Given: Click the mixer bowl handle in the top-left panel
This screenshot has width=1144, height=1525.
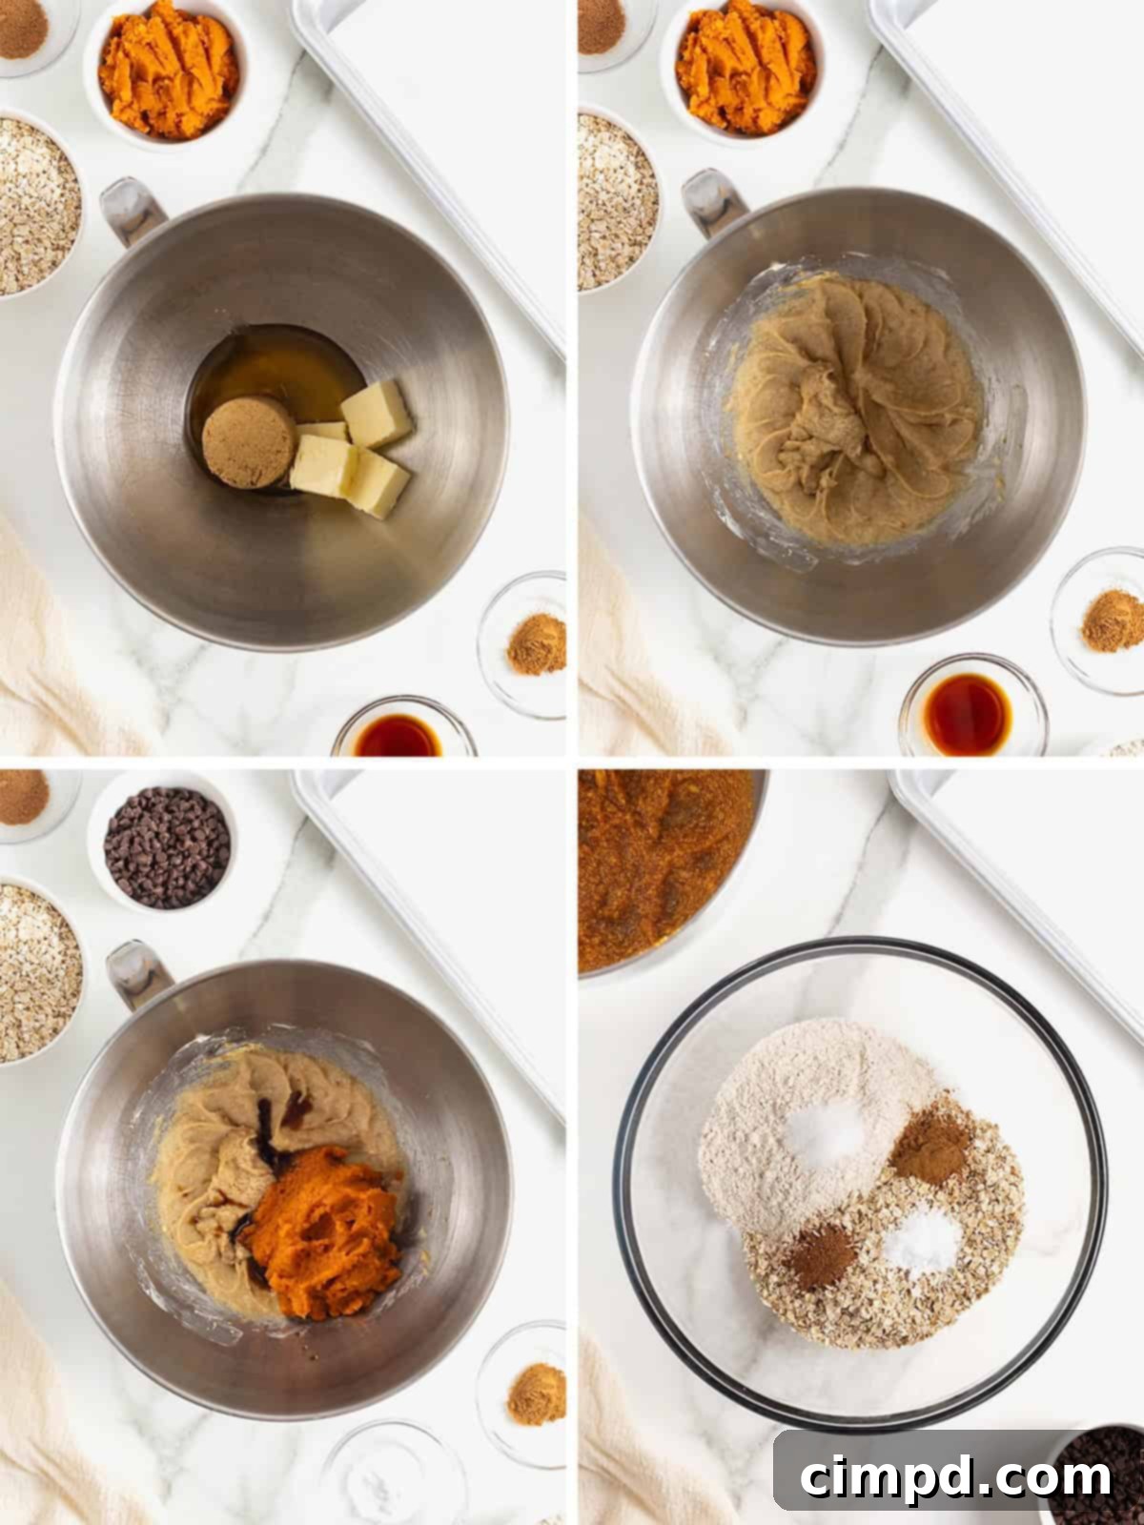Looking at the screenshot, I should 132,211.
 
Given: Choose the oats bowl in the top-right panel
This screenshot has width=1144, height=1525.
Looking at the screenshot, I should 615,201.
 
